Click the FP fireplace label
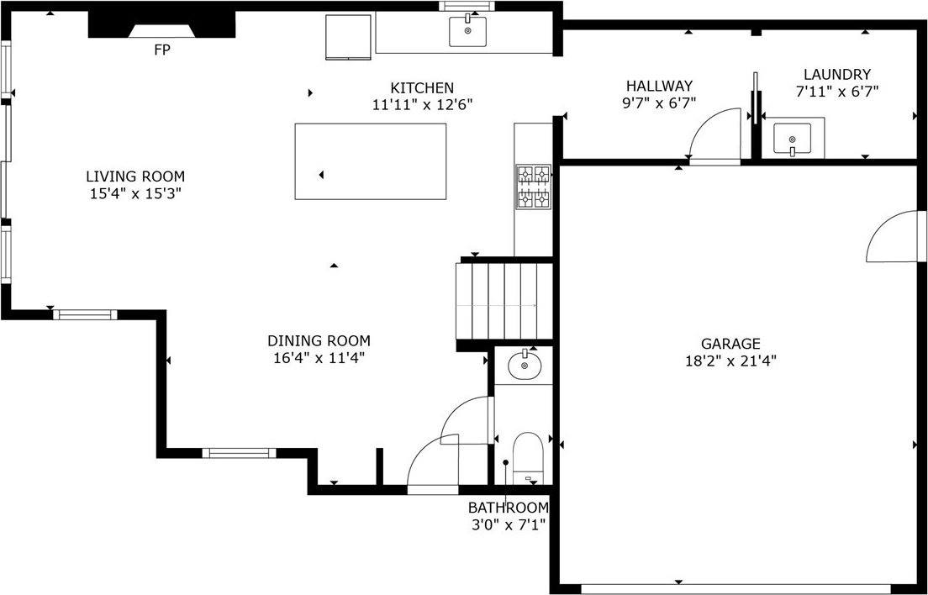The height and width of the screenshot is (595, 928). tap(161, 50)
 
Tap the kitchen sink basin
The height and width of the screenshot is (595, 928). tap(468, 32)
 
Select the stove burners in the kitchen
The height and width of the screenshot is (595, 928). tap(533, 187)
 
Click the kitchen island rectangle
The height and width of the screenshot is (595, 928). tap(371, 161)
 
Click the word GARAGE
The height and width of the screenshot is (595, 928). tap(730, 343)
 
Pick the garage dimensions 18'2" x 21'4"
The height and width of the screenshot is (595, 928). tap(730, 361)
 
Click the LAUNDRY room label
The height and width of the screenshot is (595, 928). tap(836, 75)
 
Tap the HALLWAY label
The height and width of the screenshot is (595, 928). tap(659, 86)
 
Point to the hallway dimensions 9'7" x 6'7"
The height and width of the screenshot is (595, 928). tap(659, 103)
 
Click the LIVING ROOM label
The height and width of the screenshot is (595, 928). tap(135, 176)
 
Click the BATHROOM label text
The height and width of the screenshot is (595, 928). tap(508, 508)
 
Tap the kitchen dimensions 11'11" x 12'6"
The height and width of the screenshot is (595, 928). tap(422, 105)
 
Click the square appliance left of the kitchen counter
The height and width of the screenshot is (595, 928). tap(348, 37)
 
